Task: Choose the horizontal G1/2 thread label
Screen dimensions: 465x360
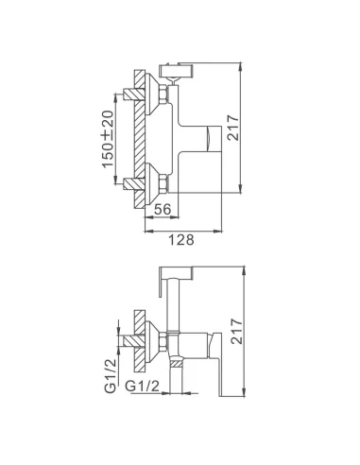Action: [x=143, y=387]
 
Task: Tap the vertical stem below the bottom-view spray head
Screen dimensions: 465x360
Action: [x=174, y=308]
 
